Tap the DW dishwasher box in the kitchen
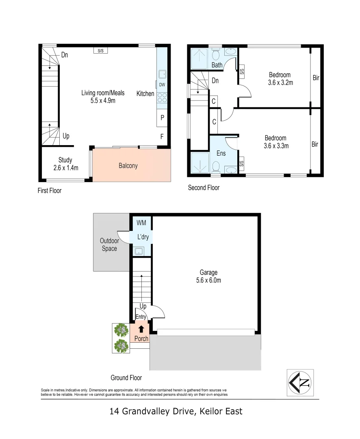coord(162,85)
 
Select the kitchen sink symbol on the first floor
coord(162,74)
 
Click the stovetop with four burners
coord(162,98)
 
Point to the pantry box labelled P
coord(162,117)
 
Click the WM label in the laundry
coord(141,223)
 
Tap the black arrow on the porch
coord(141,329)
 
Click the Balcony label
coord(128,165)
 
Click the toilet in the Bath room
coord(217,54)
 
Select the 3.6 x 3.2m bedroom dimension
coord(280,82)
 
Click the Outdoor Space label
coord(109,245)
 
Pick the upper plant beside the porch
coord(120,330)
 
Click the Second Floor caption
coord(204,187)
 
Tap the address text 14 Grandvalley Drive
coord(176,411)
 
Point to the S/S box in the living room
coord(100,51)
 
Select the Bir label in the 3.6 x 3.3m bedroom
coord(315,144)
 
